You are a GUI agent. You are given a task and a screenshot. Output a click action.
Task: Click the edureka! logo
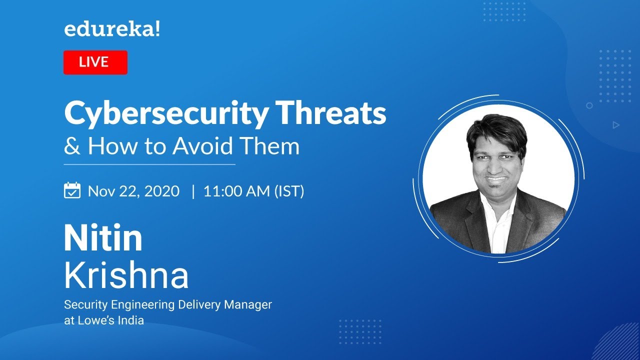pos(112,30)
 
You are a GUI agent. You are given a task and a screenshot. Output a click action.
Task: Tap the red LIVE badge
pos(95,62)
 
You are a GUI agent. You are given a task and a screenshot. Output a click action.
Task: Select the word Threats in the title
pos(339,114)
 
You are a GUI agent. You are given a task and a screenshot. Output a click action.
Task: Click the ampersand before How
pos(72,146)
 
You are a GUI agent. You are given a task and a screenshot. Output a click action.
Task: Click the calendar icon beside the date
pos(72,190)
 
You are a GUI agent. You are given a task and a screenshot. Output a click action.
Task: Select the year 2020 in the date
pos(162,191)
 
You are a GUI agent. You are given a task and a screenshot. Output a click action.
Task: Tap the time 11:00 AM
pos(236,191)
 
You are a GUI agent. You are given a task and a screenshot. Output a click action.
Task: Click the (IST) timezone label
pos(289,191)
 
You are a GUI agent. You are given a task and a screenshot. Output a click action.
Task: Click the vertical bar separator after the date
pos(193,191)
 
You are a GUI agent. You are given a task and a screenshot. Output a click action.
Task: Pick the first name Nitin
pos(103,239)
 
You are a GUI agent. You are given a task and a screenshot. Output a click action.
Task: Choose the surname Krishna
pos(126,275)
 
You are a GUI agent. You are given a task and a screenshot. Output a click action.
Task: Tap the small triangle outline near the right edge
pos(616,125)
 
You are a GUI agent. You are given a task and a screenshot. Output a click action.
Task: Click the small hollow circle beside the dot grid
pos(589,105)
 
